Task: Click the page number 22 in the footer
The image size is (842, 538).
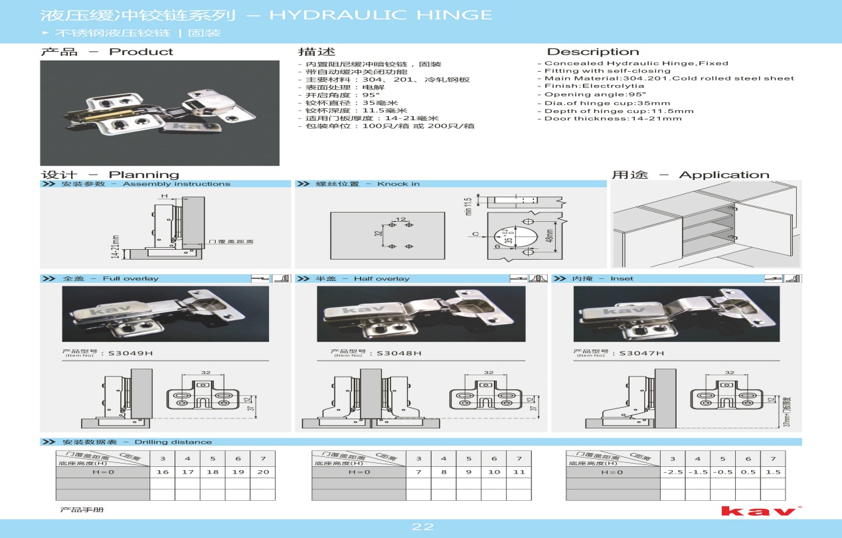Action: point(422,527)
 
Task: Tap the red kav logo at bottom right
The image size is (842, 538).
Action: point(758,511)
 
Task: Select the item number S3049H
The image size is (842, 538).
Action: point(131,353)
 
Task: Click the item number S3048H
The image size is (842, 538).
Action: point(399,353)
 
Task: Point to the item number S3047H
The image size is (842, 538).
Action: point(641,353)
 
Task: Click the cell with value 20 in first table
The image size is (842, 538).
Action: point(263,472)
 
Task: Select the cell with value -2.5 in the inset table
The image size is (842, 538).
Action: point(672,472)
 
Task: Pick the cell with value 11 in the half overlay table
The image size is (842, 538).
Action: point(519,472)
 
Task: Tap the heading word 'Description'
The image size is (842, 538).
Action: point(592,52)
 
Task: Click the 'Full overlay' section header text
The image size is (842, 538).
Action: point(131,279)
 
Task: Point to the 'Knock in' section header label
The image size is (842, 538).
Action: point(398,184)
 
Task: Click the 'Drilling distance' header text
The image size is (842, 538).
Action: point(173,442)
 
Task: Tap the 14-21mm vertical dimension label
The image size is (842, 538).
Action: point(116,246)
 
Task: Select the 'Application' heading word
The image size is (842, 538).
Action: point(724,175)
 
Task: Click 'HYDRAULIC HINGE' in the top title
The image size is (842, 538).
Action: point(380,15)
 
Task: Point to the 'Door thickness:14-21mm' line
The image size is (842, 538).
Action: point(613,119)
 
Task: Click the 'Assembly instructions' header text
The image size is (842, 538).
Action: point(177,184)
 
